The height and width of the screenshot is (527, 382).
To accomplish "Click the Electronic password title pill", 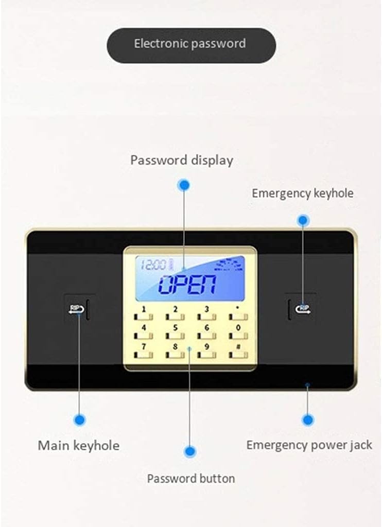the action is coord(191,45).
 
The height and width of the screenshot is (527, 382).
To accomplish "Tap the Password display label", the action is coord(181,160).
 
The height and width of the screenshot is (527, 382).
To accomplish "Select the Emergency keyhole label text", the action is coord(302,194).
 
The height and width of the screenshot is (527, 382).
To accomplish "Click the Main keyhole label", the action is coord(78,445).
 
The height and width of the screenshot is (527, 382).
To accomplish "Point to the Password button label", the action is coord(191,478).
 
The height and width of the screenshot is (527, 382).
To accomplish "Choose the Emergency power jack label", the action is coord(309,445).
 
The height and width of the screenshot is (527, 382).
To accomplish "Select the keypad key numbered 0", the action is coord(238,332).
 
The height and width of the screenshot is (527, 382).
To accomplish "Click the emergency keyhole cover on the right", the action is coord(303,309).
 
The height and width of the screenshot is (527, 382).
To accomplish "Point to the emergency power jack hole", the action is coord(307,384).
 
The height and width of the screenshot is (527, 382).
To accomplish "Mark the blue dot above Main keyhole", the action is coord(79,420).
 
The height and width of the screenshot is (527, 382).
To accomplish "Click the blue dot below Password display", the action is coord(183,185).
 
